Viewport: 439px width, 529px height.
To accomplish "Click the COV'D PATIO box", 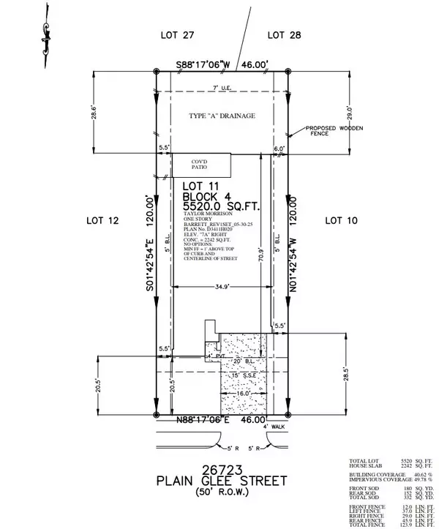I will [200, 164].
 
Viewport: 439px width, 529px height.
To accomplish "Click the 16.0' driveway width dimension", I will [243, 393].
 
